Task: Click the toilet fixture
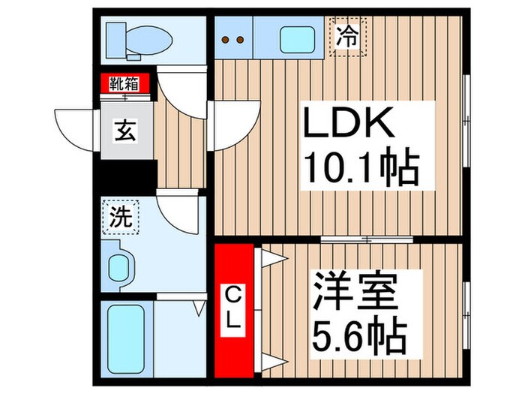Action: click(127, 40)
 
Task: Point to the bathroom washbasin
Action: click(121, 266)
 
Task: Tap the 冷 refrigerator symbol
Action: click(348, 36)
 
